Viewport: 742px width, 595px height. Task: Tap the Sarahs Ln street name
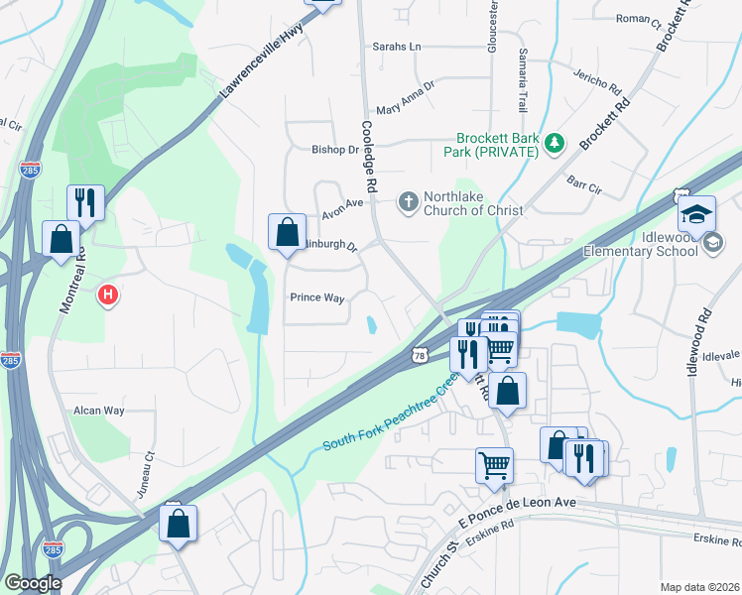click(x=397, y=47)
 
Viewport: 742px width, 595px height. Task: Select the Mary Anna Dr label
click(x=405, y=110)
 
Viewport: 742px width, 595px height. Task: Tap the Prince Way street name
click(x=316, y=297)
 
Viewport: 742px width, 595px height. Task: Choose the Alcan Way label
click(x=100, y=410)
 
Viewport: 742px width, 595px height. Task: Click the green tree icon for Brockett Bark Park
click(x=555, y=144)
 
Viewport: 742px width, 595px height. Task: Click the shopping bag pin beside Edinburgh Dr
click(x=287, y=233)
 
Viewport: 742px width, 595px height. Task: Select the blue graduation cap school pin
click(x=696, y=214)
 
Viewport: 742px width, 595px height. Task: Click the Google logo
click(x=32, y=583)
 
